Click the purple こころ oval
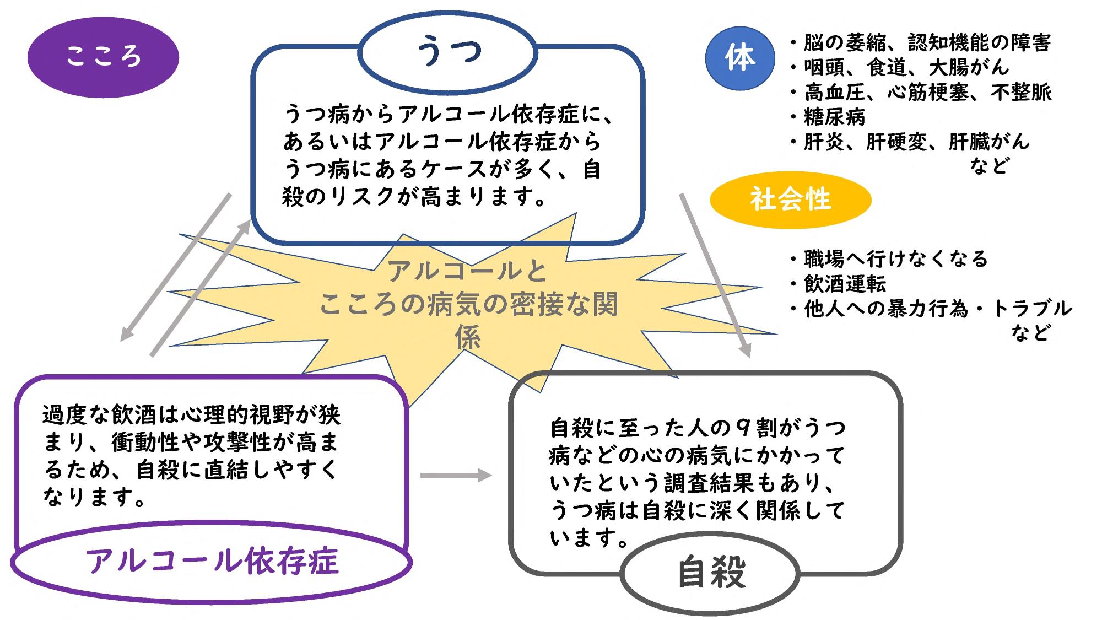point(103,57)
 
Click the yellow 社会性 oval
point(790,200)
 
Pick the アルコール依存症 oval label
point(212,561)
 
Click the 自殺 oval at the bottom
point(711,573)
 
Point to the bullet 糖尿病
point(828,117)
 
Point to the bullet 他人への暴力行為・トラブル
point(931,309)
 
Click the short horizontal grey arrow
point(456,475)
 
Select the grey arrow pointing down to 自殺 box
point(715,276)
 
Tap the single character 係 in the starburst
point(468,337)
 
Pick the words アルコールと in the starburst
point(468,270)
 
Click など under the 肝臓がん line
point(990,165)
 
